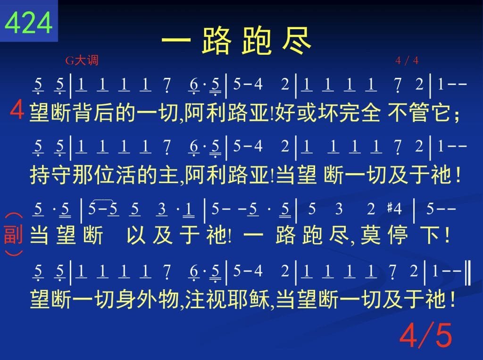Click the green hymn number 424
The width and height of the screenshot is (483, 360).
(x=28, y=22)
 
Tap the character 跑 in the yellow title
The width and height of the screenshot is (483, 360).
(x=256, y=41)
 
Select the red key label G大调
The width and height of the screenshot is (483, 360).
(x=82, y=60)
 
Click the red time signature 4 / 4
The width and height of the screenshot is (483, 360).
(x=407, y=60)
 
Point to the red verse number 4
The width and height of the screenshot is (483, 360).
(x=17, y=110)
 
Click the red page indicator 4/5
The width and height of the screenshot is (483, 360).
(x=426, y=335)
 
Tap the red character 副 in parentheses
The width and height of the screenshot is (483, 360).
(x=13, y=234)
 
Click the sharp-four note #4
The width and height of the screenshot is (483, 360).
(x=395, y=209)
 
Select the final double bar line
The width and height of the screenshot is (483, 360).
(x=467, y=272)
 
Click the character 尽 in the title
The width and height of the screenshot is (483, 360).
(x=296, y=41)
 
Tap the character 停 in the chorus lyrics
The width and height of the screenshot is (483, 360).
(x=398, y=235)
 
